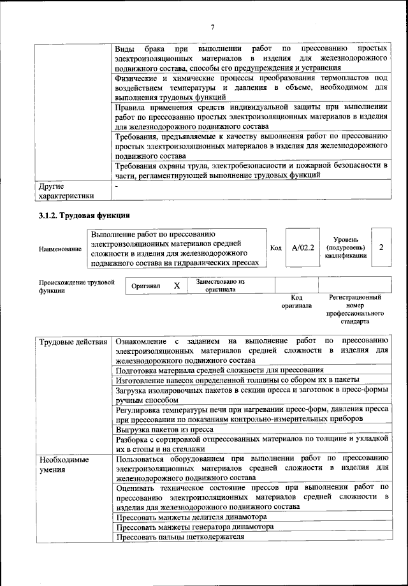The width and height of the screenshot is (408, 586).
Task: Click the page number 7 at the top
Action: (x=212, y=26)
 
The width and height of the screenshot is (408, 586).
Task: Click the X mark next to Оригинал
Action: (x=177, y=286)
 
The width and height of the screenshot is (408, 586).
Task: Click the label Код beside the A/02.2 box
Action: (x=275, y=248)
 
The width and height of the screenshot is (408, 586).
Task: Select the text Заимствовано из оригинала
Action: (x=220, y=285)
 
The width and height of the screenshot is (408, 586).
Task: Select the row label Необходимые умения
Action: (x=64, y=464)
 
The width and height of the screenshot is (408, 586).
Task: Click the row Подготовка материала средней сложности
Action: (x=219, y=370)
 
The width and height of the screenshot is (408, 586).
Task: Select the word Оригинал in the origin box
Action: (x=146, y=286)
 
